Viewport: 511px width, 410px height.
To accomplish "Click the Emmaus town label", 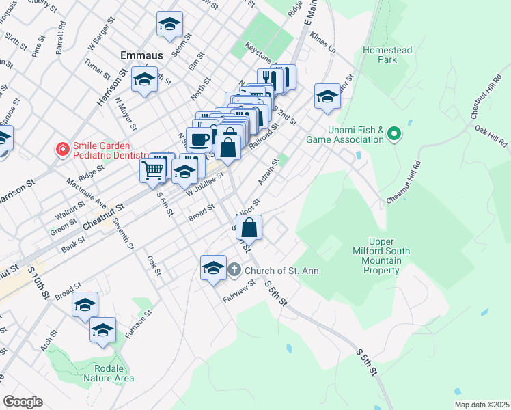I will point(141,54).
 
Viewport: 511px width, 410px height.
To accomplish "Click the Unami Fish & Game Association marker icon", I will point(393,133).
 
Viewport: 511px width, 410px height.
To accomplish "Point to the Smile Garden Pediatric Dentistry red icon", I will point(62,148).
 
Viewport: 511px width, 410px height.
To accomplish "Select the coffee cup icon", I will point(200,139).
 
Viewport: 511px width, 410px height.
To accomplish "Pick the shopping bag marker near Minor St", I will point(250,228).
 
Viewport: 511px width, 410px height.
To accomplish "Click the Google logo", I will point(23,402).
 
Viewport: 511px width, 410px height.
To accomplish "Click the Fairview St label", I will point(238,295).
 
